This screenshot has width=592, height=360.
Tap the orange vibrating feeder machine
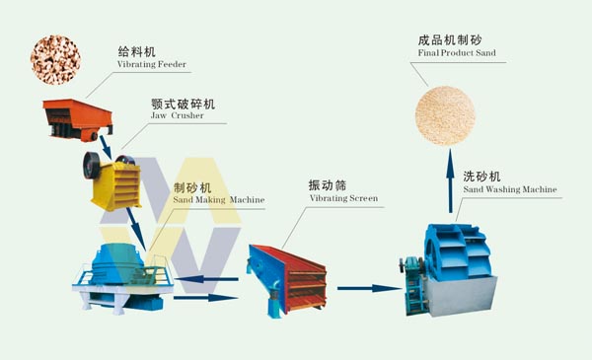(76, 115)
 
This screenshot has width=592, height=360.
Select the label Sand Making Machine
(218, 199)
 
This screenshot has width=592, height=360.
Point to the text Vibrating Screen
(342, 198)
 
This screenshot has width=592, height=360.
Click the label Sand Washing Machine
(509, 187)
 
